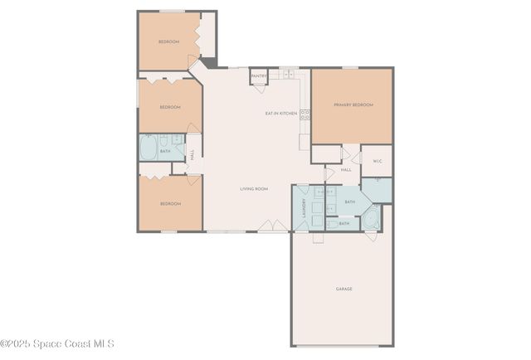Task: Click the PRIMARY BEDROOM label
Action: [x=353, y=105]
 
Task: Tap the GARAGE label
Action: [x=343, y=289]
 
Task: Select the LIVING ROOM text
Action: [x=254, y=189]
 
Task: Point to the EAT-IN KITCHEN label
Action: [x=280, y=113]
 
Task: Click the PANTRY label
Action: [x=259, y=75]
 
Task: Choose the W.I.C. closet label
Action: [x=377, y=161]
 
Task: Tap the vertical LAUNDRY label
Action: [x=304, y=207]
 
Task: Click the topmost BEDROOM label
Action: [x=169, y=41]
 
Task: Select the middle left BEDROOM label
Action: [x=170, y=107]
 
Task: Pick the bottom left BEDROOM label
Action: [x=170, y=203]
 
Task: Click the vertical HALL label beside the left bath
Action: [x=192, y=154]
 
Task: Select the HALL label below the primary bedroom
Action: [x=346, y=169]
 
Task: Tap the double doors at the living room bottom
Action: [x=267, y=226]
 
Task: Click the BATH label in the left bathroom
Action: [x=165, y=151]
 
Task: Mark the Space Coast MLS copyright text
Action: [x=57, y=343]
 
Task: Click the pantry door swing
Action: [x=258, y=83]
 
